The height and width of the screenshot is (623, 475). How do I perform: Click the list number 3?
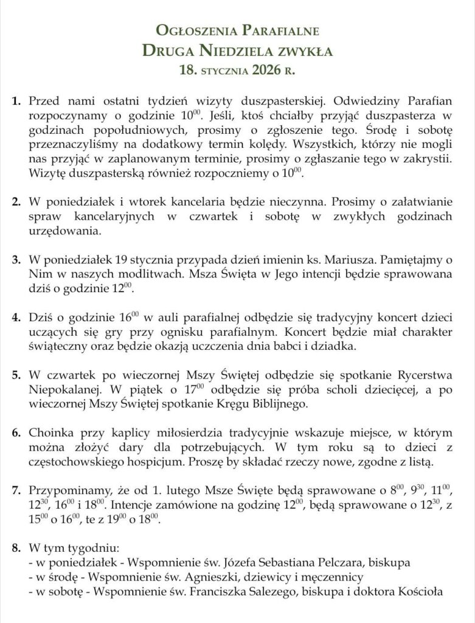tap(16, 260)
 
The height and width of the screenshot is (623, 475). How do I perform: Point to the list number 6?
tap(16, 433)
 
